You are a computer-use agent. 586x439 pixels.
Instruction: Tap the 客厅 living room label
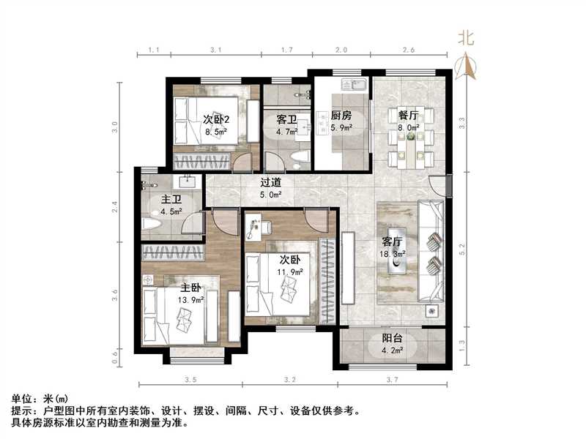coord(392,241)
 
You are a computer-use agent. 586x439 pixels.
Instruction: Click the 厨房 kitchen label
coord(341,116)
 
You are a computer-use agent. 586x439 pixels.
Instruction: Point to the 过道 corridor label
coord(271,184)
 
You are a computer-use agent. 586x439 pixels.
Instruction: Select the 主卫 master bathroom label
coord(171,199)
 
